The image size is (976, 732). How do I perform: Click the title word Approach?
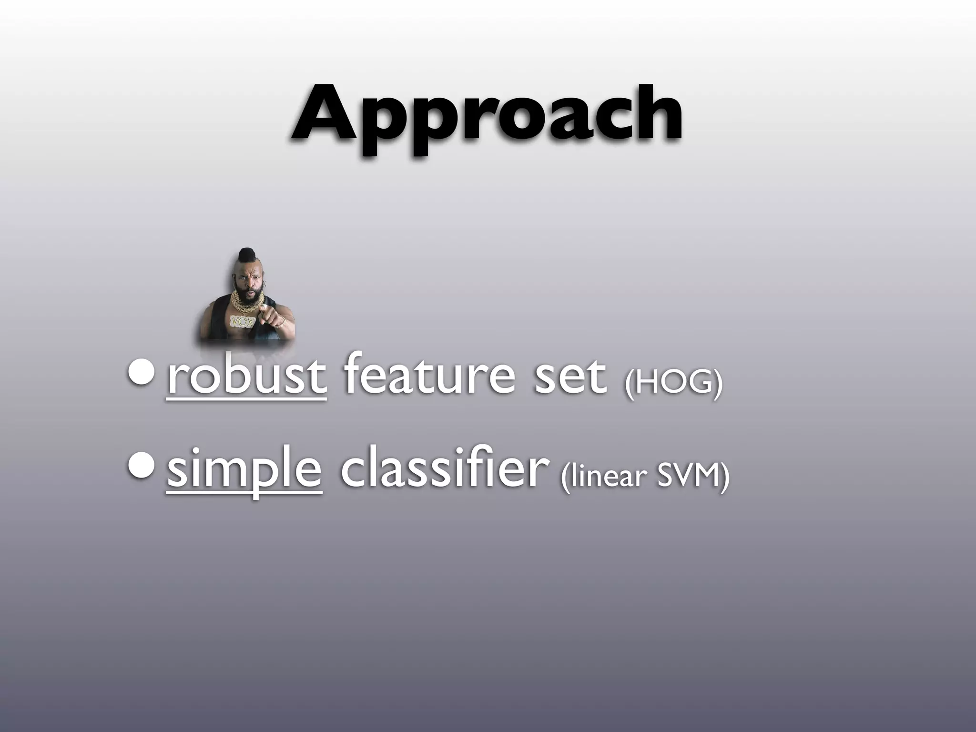[487, 117]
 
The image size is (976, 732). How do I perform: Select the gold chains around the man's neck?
[246, 298]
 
